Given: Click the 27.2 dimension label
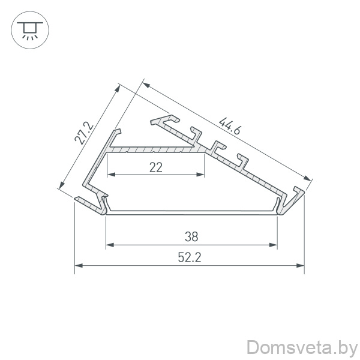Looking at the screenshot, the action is point(84,133).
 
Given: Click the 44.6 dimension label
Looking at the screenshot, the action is point(230,126).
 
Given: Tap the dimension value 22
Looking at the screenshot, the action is point(156,167).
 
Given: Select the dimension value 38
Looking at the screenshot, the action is point(191,237).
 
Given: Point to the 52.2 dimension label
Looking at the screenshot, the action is point(190,257).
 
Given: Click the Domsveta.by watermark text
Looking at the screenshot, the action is point(302,348).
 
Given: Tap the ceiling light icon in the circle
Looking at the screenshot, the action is point(30,31).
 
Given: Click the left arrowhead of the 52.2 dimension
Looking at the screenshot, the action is point(79,266).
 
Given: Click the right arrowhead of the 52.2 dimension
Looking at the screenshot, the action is point(301,266).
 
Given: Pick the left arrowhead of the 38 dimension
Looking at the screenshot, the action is point(110,245).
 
